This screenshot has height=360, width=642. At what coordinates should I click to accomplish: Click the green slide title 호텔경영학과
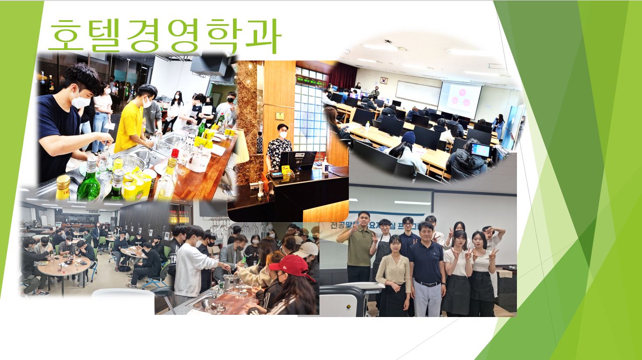(163, 36)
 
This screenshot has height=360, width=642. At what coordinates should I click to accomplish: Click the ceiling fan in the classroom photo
(388, 42)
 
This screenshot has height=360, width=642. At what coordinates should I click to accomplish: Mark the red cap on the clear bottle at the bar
(175, 153)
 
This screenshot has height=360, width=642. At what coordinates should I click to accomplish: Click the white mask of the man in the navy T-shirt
(81, 101)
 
